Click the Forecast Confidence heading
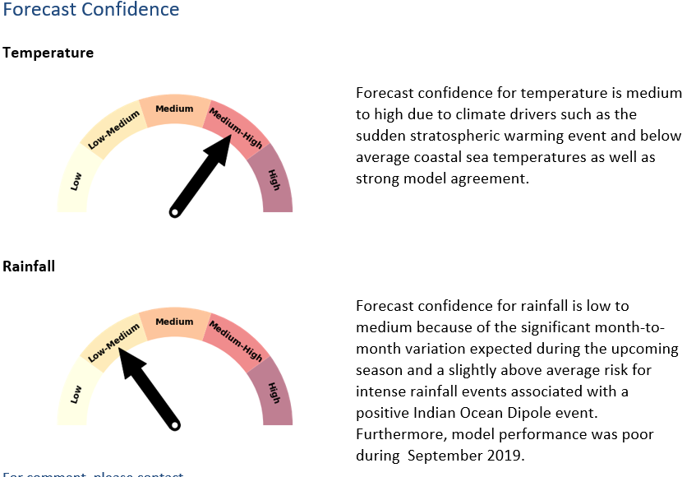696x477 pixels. (x=90, y=11)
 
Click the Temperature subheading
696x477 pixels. (x=48, y=53)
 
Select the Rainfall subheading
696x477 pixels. (x=29, y=266)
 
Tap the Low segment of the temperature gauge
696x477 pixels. (x=75, y=182)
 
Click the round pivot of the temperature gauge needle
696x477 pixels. (x=174, y=214)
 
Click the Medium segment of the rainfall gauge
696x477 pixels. (x=174, y=323)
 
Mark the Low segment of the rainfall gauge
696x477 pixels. (x=75, y=395)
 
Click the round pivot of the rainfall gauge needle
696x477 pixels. (x=174, y=425)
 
